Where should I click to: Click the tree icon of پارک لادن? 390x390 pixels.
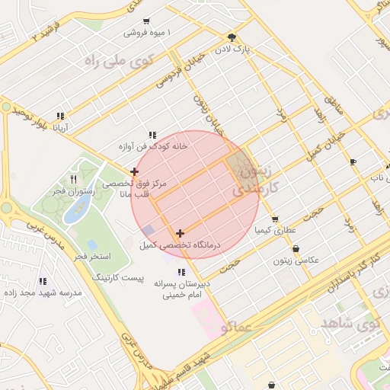pyautogui.click(x=232, y=37)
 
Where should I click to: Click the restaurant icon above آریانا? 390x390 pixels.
pyautogui.click(x=59, y=117)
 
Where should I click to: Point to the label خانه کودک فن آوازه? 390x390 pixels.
pyautogui.click(x=152, y=146)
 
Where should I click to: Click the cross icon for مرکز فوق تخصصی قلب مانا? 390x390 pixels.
pyautogui.click(x=135, y=172)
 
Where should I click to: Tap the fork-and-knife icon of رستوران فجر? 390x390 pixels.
pyautogui.click(x=73, y=180)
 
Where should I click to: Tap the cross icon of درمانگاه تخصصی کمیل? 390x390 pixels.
pyautogui.click(x=180, y=233)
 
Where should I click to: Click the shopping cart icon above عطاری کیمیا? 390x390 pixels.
pyautogui.click(x=274, y=219)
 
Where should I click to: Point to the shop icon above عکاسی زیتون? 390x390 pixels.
pyautogui.click(x=296, y=249)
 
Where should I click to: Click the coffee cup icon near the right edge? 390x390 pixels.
pyautogui.click(x=353, y=161)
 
